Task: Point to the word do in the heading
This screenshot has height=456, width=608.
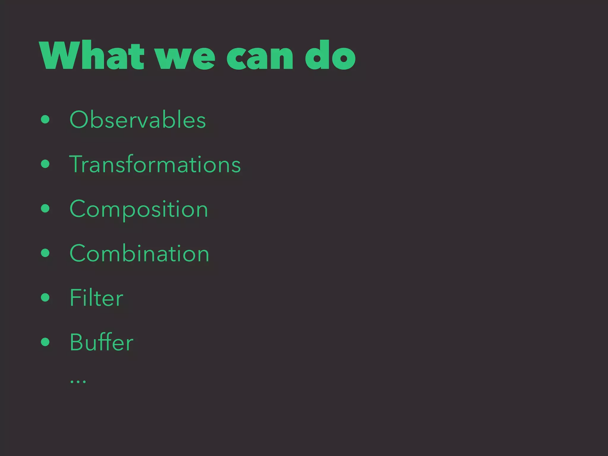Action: click(330, 56)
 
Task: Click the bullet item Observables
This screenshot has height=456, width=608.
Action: click(137, 120)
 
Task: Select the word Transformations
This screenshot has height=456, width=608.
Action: click(155, 164)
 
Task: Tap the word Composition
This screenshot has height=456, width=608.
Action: click(139, 209)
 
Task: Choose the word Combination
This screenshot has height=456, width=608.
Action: click(139, 254)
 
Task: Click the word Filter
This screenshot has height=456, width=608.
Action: click(96, 298)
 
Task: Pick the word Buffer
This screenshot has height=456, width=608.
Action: click(101, 342)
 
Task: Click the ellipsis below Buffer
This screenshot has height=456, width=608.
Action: click(78, 381)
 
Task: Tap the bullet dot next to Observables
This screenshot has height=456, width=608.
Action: click(45, 120)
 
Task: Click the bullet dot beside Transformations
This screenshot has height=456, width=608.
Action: click(45, 164)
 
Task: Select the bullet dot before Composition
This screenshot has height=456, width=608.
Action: click(45, 208)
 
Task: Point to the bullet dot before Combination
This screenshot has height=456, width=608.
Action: click(45, 253)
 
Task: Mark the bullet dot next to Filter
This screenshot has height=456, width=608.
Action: click(45, 297)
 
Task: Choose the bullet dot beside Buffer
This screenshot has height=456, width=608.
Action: click(45, 342)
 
